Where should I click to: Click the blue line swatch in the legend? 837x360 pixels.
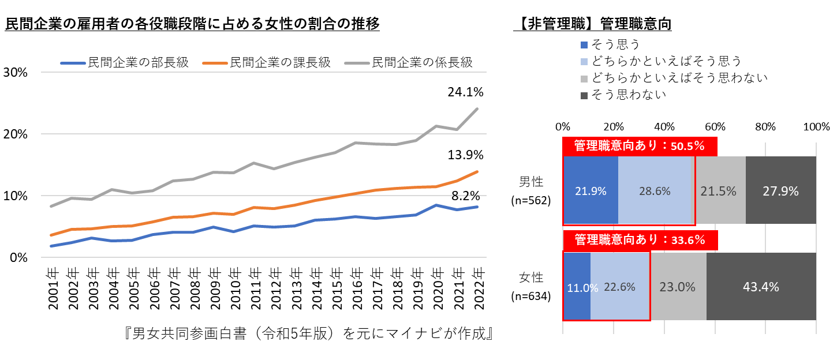[x=73, y=63]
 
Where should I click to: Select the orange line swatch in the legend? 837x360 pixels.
[x=215, y=63]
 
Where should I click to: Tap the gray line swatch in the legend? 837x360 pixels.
[x=357, y=63]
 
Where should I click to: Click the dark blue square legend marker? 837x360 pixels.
[x=584, y=45]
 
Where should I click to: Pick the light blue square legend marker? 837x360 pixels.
[x=584, y=62]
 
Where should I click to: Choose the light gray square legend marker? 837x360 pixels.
[x=584, y=79]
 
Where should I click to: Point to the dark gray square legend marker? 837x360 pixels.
[x=584, y=96]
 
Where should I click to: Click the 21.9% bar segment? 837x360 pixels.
[x=591, y=190]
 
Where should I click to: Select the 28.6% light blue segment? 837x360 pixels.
[x=655, y=190]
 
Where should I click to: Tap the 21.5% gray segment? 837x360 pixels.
[x=719, y=190]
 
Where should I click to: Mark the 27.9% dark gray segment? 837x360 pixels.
[x=780, y=190]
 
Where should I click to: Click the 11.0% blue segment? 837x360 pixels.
[x=577, y=286]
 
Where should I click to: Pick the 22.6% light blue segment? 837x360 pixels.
[x=620, y=286]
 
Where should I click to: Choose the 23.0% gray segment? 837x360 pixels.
[x=678, y=286]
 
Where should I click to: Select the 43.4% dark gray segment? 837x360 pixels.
[x=761, y=286]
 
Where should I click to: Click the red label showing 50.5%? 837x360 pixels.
[x=640, y=146]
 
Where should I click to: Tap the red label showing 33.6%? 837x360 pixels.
[x=640, y=240]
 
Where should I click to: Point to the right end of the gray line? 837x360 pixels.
[x=477, y=108]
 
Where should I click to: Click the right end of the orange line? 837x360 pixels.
[x=477, y=171]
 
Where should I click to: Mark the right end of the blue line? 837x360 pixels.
[x=477, y=207]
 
